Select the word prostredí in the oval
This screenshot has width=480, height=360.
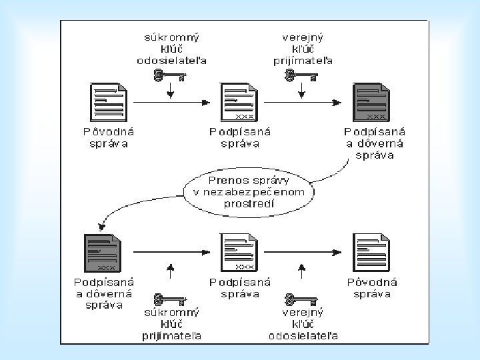(249, 203)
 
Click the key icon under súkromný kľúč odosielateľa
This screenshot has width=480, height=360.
(170, 75)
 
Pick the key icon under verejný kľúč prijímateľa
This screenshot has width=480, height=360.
(301, 75)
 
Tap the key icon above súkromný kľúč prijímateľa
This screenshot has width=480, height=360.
(170, 300)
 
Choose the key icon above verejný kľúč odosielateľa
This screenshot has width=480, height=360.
(301, 300)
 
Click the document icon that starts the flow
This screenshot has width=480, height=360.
(109, 102)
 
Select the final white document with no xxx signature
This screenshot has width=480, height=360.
(371, 253)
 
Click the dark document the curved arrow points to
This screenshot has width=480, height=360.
(103, 253)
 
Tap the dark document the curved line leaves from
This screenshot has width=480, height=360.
(371, 102)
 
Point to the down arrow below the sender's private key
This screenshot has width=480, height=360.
(171, 91)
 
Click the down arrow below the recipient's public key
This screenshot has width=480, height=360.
(301, 91)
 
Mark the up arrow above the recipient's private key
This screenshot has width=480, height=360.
(171, 271)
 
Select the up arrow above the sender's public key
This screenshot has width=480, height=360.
(301, 271)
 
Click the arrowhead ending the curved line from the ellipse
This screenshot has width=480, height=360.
(101, 227)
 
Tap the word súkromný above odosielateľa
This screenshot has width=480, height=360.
(171, 37)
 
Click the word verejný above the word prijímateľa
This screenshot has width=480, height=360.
(303, 37)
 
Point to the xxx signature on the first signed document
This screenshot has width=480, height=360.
(245, 117)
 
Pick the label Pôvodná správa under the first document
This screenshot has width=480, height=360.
(109, 138)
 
